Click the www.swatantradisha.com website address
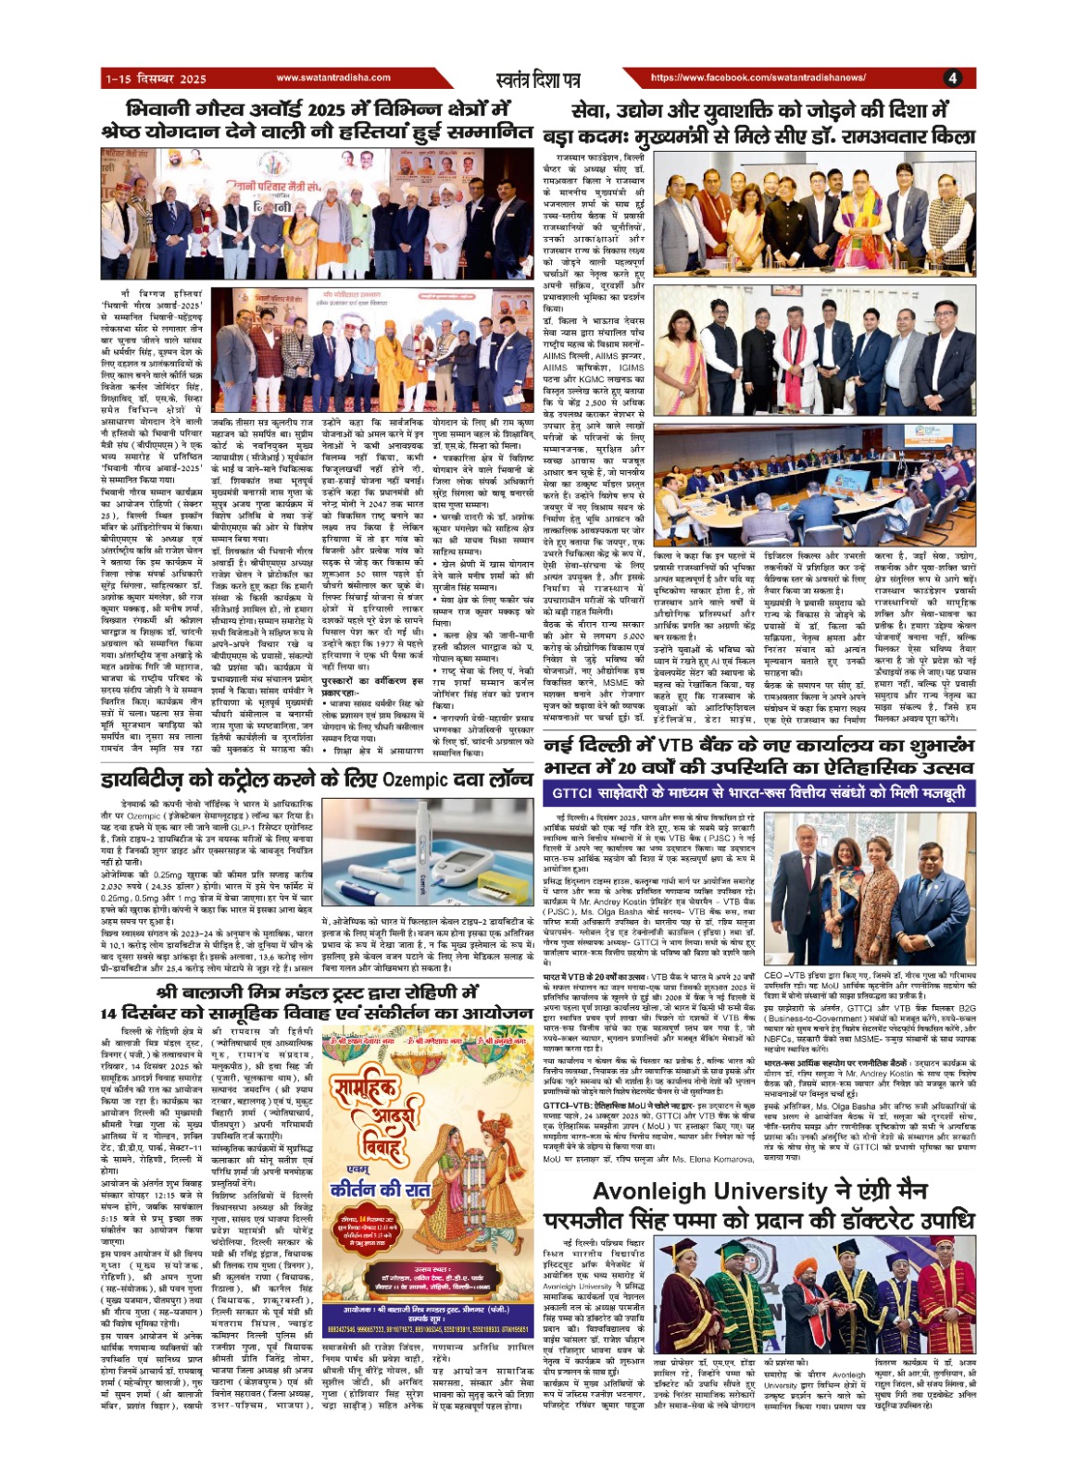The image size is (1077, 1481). [x=320, y=79]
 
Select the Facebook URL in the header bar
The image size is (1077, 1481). [x=758, y=79]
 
